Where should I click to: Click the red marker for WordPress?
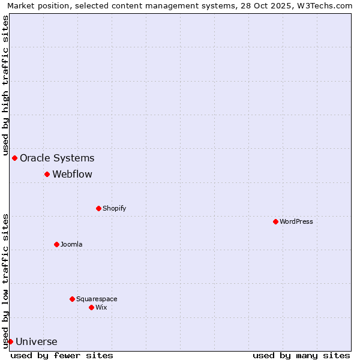(x=275, y=221)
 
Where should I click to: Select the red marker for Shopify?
(x=98, y=208)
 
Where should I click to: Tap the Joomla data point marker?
(x=56, y=244)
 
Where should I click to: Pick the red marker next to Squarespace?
(x=72, y=299)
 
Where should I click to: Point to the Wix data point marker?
(x=91, y=307)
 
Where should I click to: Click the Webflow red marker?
(x=47, y=174)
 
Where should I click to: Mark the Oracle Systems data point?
(x=14, y=158)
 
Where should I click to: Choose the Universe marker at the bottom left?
(x=10, y=341)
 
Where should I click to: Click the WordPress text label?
(x=296, y=221)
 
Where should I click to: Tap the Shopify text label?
(x=114, y=208)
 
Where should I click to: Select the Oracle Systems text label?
(x=57, y=158)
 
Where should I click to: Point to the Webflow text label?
(x=72, y=174)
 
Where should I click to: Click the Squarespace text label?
(x=97, y=299)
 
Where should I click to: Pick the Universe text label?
(x=37, y=342)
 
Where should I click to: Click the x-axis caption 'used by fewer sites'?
(x=62, y=355)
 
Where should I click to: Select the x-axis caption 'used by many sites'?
(x=301, y=355)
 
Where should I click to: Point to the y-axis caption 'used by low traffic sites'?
(x=5, y=280)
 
